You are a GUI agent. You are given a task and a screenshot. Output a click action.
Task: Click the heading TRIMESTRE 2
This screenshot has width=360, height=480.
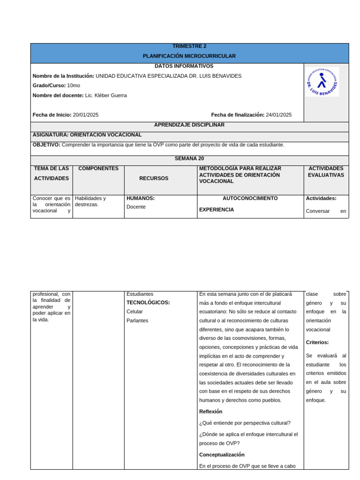(x=189, y=46)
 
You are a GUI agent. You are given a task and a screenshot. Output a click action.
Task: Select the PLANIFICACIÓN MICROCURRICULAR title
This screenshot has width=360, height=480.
(x=189, y=56)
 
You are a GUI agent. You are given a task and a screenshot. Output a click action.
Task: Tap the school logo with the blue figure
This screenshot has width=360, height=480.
(x=322, y=82)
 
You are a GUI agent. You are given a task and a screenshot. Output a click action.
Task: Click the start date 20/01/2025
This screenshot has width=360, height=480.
(x=86, y=115)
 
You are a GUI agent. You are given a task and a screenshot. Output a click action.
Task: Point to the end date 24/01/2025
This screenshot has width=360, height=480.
(x=278, y=115)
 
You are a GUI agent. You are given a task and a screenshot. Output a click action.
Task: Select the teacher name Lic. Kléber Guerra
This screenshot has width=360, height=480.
(x=106, y=96)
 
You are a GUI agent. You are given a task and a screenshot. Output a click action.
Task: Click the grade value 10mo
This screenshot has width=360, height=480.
(x=74, y=86)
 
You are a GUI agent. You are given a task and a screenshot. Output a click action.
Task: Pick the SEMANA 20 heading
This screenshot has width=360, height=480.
(x=189, y=159)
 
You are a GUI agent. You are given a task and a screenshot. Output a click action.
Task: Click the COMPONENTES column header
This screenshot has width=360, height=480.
(x=98, y=169)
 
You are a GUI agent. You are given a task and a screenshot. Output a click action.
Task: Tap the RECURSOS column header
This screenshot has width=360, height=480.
(x=154, y=179)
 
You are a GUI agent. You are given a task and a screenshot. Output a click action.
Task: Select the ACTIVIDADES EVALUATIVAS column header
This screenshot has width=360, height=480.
(x=326, y=172)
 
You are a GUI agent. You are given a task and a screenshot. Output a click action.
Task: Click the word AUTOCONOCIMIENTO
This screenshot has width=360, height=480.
(x=250, y=199)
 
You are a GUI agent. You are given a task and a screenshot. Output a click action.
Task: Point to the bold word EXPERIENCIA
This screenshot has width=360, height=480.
(x=217, y=210)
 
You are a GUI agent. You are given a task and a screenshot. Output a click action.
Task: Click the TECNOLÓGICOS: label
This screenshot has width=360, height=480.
(x=148, y=303)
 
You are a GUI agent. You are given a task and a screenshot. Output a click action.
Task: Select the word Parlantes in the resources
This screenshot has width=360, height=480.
(x=137, y=321)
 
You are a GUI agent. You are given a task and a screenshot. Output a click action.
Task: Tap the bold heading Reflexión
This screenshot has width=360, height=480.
(x=211, y=412)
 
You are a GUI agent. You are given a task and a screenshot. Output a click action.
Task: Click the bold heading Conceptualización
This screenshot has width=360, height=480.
(x=222, y=455)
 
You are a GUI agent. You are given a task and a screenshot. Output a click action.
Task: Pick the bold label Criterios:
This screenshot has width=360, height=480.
(x=317, y=343)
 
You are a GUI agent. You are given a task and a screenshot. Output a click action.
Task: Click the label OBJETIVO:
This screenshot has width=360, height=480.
(x=46, y=145)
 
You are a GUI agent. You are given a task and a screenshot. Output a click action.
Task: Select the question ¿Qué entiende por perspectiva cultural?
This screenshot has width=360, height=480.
(x=245, y=423)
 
